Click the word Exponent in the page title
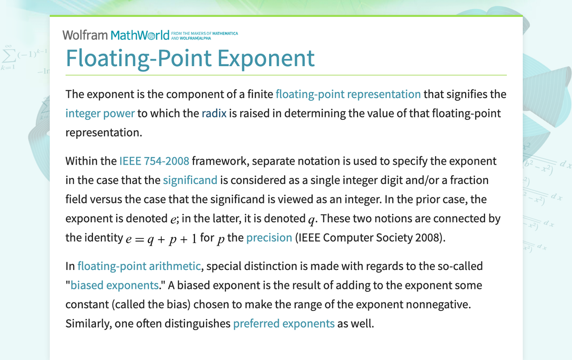[267, 58]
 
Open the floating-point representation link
[348, 94]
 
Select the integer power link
[100, 113]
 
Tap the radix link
[214, 113]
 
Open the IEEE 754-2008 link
[154, 161]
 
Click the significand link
[190, 180]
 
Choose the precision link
[269, 238]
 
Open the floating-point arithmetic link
[139, 267]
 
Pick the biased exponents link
[114, 285]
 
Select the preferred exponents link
[284, 324]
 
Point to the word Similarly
[88, 324]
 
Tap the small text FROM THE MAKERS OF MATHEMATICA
[204, 33]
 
